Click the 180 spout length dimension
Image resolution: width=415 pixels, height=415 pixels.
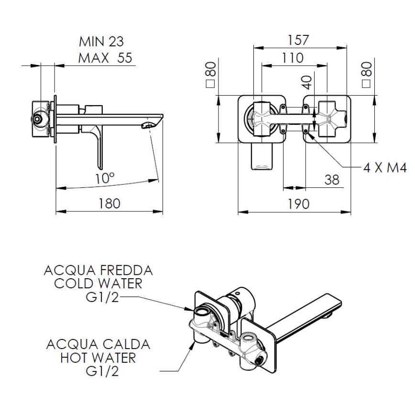109,203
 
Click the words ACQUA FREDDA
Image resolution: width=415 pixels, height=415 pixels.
98,270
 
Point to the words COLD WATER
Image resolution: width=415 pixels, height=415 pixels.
98,283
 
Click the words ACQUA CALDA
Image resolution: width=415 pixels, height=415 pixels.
98,344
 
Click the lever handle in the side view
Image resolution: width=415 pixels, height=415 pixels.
99,148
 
